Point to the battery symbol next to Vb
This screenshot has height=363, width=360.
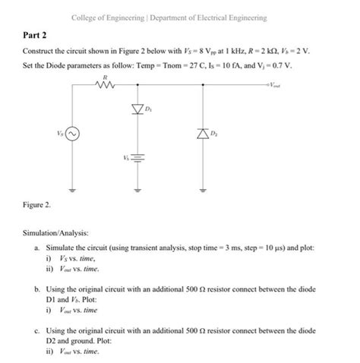[138, 160]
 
